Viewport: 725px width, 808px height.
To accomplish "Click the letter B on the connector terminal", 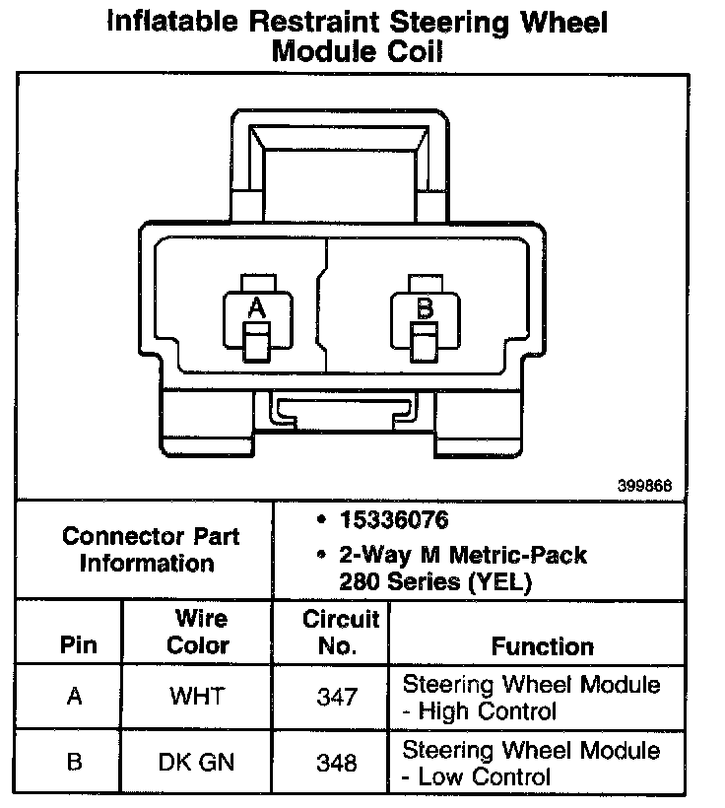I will click(x=425, y=308).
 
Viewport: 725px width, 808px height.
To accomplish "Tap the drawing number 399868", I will click(x=645, y=486).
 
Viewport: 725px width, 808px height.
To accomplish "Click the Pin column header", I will click(x=79, y=646).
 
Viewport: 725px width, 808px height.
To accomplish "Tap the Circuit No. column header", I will click(x=341, y=633).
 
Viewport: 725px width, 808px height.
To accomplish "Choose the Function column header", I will click(x=543, y=646).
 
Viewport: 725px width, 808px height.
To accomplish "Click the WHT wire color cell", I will click(x=197, y=697).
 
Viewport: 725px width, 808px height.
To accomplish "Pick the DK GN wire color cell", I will click(x=197, y=762).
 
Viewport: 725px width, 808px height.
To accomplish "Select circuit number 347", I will click(x=337, y=697).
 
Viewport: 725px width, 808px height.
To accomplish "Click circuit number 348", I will click(x=337, y=762).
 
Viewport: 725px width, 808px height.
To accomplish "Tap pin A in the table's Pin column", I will click(x=74, y=697).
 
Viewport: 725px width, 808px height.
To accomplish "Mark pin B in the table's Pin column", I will click(x=74, y=762).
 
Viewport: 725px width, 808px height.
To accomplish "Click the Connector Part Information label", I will click(x=150, y=550).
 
